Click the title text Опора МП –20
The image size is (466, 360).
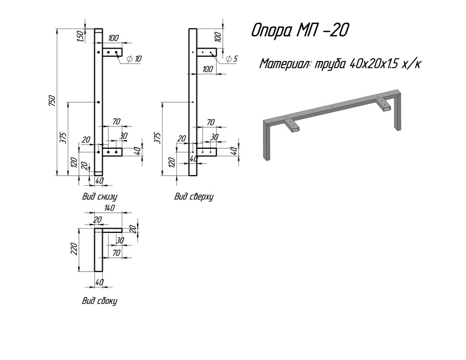300,30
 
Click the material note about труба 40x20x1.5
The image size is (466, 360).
340,64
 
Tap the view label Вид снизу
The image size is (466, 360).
100,196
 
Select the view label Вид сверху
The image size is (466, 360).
194,196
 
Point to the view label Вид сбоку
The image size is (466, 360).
100,301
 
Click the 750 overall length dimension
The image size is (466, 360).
52,101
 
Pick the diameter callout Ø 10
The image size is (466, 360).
134,59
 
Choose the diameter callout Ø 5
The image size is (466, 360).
231,59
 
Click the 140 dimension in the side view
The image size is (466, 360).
109,208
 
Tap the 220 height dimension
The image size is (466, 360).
74,249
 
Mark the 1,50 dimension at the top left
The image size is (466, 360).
81,36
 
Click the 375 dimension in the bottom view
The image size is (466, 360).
63,138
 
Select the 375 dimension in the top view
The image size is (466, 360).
157,138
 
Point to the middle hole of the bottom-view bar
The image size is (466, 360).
98,102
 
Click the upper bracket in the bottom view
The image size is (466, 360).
112,52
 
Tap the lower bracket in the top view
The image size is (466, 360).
207,152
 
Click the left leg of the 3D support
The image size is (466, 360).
266,140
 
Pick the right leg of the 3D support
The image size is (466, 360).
398,111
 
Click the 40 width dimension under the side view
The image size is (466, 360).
99,282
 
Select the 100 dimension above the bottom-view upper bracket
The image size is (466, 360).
113,38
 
